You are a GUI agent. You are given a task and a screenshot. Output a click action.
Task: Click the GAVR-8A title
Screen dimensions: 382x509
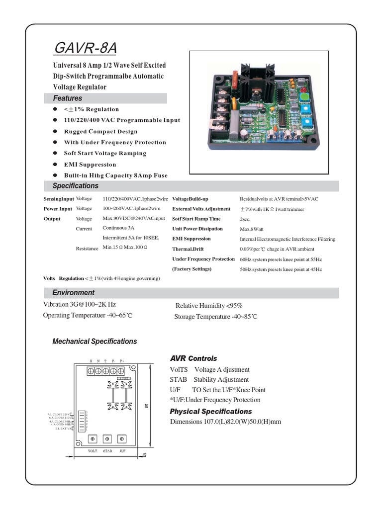[86, 49]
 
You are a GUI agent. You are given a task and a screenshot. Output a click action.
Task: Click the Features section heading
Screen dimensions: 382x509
[68, 98]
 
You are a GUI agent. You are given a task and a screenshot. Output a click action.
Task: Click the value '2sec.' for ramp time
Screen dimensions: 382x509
[245, 219]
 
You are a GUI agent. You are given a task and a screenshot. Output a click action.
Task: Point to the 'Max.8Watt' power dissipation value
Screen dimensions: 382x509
[252, 229]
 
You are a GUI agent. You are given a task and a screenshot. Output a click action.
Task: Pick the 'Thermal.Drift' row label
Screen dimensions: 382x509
[188, 249]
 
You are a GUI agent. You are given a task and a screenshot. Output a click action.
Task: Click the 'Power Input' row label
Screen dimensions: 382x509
[58, 209]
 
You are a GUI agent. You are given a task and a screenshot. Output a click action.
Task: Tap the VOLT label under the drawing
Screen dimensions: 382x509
[93, 451]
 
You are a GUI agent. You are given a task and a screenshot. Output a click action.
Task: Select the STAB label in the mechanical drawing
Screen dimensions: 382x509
[107, 451]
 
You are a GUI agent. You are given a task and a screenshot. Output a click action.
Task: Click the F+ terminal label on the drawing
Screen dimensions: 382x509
[122, 360]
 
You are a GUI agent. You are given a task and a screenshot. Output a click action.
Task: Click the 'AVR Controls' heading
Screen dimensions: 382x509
[193, 358]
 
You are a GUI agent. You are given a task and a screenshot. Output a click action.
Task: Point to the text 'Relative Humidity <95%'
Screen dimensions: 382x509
[209, 306]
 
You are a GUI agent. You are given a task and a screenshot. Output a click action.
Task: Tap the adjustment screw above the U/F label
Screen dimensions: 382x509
[122, 439]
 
